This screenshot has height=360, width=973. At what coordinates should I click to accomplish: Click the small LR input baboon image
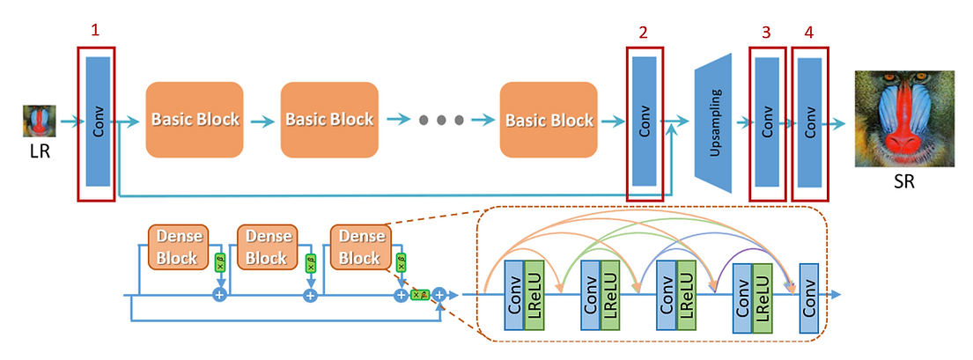[40, 121]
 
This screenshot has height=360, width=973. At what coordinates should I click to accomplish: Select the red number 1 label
[95, 30]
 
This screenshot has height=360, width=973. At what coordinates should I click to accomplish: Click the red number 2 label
[644, 33]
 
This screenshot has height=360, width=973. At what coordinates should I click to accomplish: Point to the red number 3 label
[765, 33]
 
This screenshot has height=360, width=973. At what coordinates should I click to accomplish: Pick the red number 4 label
[808, 33]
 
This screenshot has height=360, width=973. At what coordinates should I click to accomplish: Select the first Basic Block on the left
[195, 120]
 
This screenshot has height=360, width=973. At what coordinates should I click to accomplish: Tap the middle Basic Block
[329, 120]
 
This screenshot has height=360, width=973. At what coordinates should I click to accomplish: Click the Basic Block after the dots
[548, 120]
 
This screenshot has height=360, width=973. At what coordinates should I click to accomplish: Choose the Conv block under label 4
[809, 122]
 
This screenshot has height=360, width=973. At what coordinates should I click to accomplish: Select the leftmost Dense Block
[180, 246]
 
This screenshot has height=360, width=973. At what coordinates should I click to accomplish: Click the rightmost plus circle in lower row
[439, 296]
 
